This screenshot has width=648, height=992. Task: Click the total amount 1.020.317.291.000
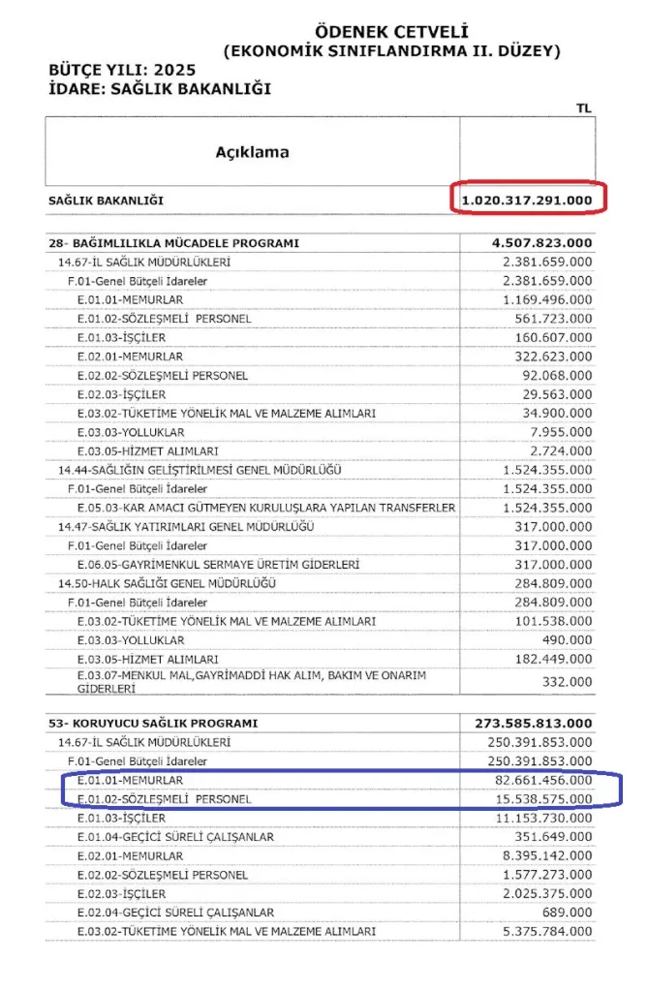pyautogui.click(x=527, y=201)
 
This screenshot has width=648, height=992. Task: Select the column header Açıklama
pyautogui.click(x=252, y=152)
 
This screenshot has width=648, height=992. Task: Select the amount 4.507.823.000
pyautogui.click(x=542, y=243)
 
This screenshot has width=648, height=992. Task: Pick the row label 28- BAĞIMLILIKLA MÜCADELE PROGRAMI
pyautogui.click(x=173, y=243)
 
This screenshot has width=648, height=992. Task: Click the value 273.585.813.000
pyautogui.click(x=535, y=724)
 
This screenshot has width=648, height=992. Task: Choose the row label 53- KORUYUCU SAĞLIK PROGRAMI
pyautogui.click(x=153, y=724)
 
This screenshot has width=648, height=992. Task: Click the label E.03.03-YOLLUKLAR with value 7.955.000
pyautogui.click(x=131, y=432)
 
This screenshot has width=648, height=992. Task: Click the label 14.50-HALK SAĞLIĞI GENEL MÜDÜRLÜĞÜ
pyautogui.click(x=167, y=583)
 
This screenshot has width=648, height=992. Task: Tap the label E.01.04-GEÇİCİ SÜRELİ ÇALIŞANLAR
pyautogui.click(x=176, y=837)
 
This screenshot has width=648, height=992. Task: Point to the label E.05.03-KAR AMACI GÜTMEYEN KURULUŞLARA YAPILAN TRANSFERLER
pyautogui.click(x=266, y=508)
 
